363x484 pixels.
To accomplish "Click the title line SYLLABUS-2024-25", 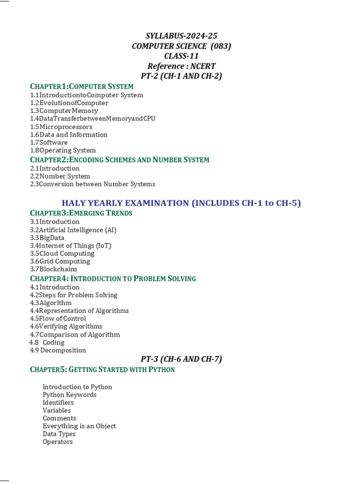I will [x=181, y=36].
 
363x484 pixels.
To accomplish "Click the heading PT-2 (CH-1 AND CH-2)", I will [x=181, y=76].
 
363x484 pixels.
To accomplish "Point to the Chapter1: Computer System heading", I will [x=82, y=86].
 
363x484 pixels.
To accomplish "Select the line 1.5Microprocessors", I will [x=61, y=127].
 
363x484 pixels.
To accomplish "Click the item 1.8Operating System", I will [x=62, y=150].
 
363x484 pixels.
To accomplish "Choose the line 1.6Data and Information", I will [x=69, y=135].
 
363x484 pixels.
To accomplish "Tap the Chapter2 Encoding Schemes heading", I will [x=120, y=160].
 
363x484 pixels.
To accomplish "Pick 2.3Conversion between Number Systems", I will [x=92, y=184].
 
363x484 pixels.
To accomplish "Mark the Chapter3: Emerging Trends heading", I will [x=81, y=213].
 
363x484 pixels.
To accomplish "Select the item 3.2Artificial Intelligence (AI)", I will [x=73, y=230].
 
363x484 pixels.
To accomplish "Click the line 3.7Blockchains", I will [x=53, y=269].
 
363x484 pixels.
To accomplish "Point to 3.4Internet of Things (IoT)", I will [x=70, y=245].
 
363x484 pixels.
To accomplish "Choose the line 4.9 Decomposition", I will [x=58, y=350].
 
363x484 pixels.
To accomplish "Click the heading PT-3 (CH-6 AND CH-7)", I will [x=181, y=359].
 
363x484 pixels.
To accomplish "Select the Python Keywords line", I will [x=69, y=395].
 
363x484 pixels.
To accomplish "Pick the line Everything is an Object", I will [x=79, y=426].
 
